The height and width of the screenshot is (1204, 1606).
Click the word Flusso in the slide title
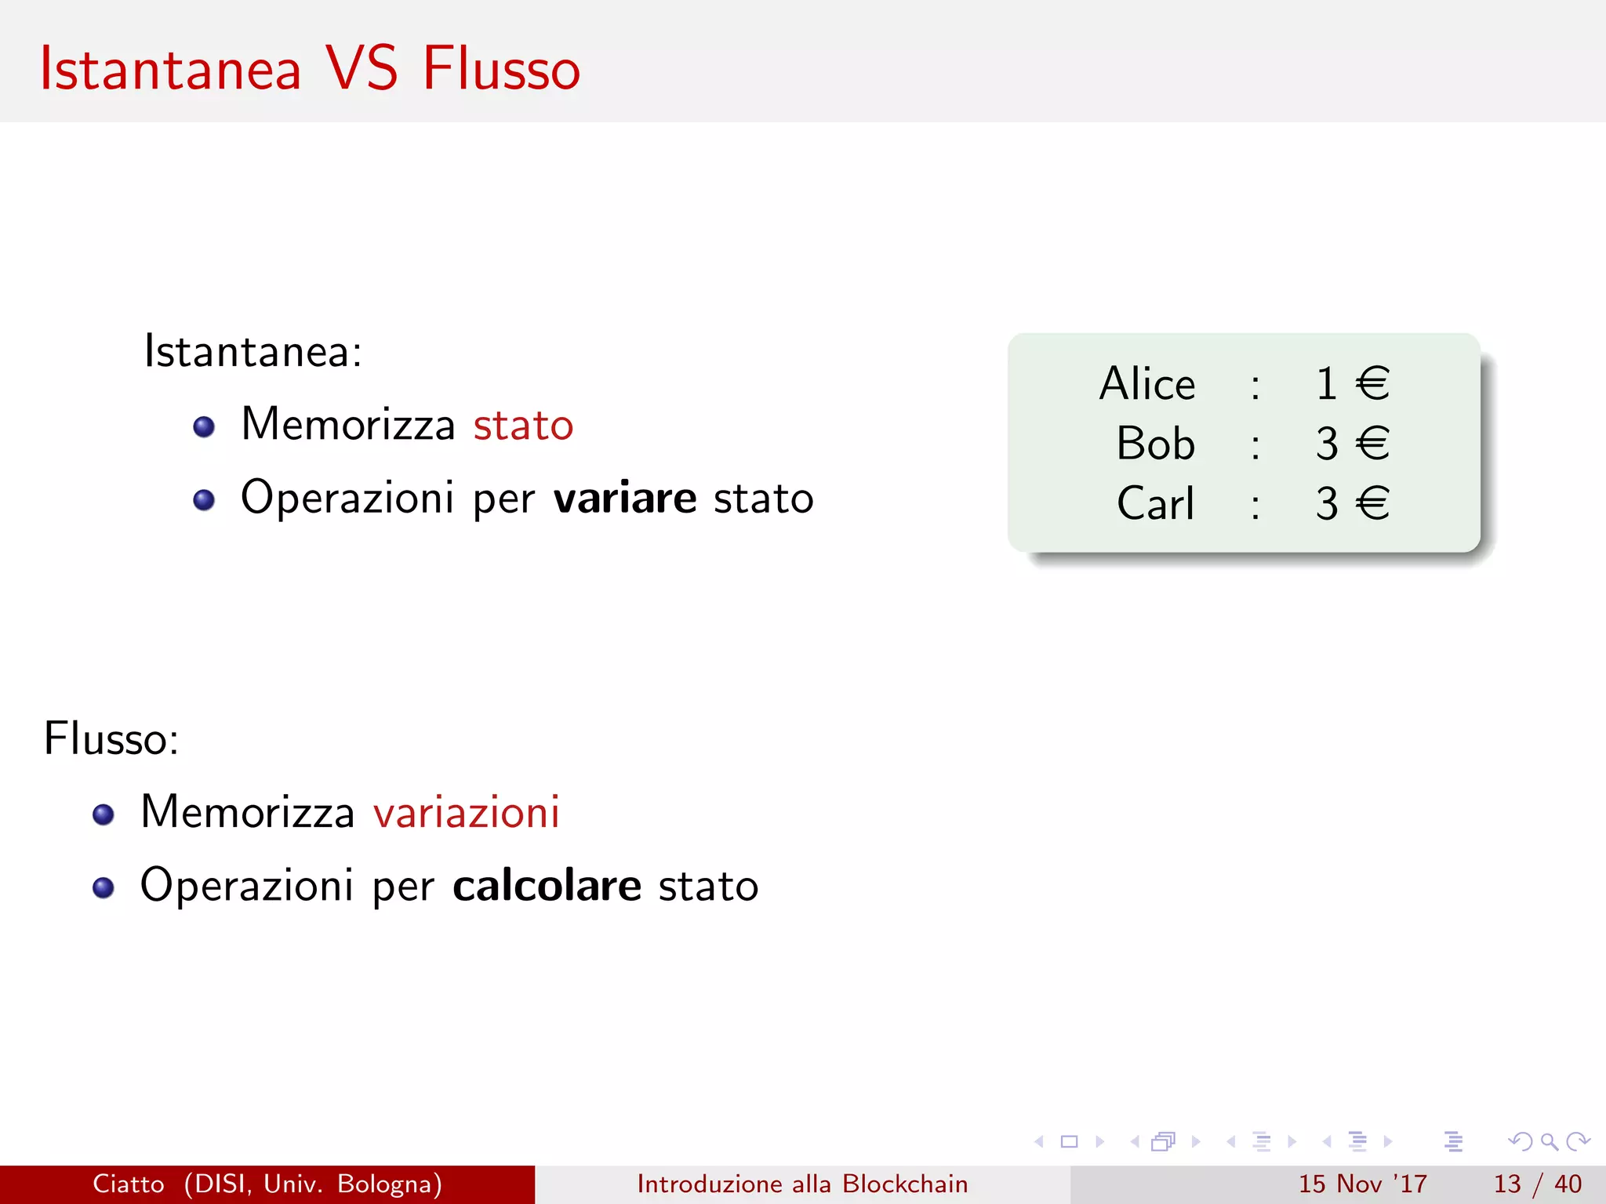pos(501,69)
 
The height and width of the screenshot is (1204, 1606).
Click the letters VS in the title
pos(362,69)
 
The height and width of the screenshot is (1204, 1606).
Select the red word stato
pos(523,426)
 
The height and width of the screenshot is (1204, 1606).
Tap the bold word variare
pos(624,499)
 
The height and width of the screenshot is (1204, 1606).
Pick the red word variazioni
pos(467,812)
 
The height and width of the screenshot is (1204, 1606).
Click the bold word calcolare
pos(547,886)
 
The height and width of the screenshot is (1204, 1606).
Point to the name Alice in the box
pos(1147,384)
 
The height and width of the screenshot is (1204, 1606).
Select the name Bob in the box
pos(1155,444)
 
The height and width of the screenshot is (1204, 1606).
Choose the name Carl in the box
pos(1155,503)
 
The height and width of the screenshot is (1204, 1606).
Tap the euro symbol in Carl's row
pos(1372,503)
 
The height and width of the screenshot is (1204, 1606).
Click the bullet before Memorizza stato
pos(204,426)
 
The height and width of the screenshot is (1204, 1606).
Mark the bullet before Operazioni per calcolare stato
pos(104,887)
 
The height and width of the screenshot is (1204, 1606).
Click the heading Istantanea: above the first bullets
pos(253,351)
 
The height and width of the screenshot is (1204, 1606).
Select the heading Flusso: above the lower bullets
pos(111,738)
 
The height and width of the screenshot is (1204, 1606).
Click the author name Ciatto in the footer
pos(129,1184)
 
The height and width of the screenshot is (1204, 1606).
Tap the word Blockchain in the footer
pos(905,1184)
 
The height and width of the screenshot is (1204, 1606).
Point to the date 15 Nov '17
pos(1362,1184)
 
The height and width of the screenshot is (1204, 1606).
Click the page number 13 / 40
pos(1537,1184)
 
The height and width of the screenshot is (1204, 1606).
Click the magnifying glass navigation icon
pos(1549,1142)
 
